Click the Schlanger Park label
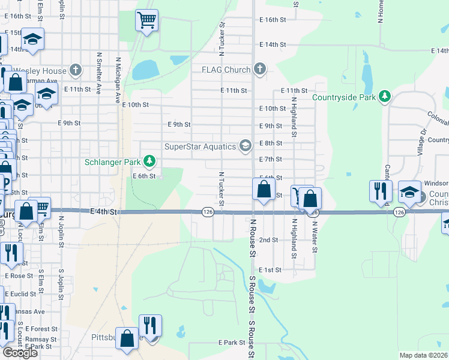pos(112,161)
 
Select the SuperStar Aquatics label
pos(200,146)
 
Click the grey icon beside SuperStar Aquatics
pos(245,146)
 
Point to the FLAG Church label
pos(225,70)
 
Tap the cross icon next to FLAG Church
pos(259,70)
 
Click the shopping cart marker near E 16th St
pos(146,20)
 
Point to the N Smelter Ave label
pos(98,74)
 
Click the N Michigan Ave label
pos(118,81)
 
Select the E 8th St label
pos(270,143)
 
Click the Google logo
pos(20,352)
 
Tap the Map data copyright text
pos(424,355)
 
